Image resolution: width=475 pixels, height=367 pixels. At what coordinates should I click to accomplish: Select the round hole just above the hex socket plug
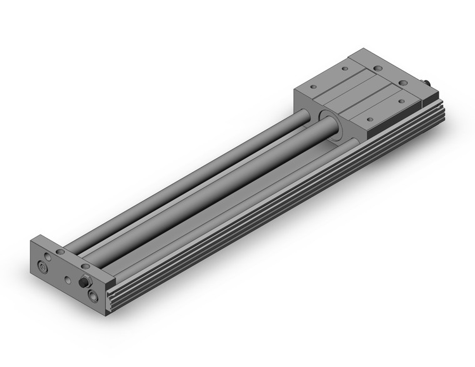(48, 257)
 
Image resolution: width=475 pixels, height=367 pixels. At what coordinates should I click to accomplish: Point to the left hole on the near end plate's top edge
(60, 251)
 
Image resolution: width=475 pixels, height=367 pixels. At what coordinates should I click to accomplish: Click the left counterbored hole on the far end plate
(377, 69)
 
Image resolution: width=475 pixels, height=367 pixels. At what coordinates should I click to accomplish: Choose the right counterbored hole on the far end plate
(403, 83)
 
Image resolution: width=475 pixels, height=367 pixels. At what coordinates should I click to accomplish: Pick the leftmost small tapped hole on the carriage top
(313, 87)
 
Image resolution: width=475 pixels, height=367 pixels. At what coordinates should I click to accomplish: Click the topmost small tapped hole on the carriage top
(344, 68)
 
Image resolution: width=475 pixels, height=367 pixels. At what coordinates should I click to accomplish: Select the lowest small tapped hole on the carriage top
(369, 119)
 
